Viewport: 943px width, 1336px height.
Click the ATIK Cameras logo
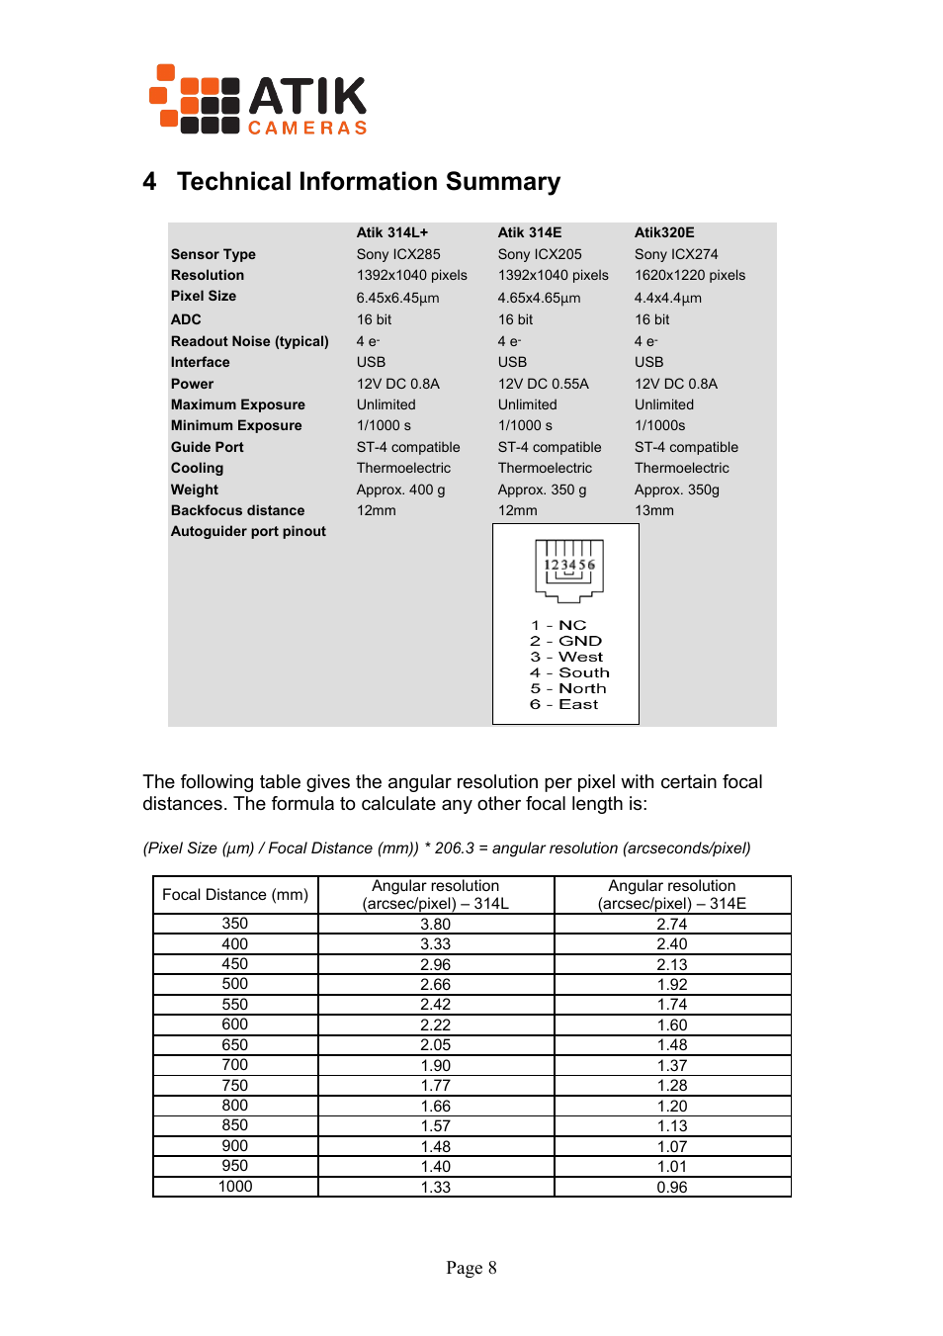(x=258, y=100)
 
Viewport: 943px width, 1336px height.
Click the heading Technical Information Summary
(x=368, y=182)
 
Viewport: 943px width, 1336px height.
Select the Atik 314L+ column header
(x=391, y=232)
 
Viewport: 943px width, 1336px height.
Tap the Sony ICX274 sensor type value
(x=675, y=254)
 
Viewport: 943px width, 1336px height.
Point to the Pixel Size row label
(x=204, y=296)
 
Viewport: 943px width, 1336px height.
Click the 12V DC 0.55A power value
(x=543, y=384)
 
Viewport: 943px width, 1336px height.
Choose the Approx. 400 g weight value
(x=400, y=490)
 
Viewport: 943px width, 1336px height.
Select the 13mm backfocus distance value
(x=653, y=510)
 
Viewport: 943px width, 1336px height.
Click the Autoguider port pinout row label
(x=248, y=531)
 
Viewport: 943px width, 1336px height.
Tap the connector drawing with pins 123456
(x=568, y=571)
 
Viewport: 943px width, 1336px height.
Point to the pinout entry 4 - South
(x=569, y=672)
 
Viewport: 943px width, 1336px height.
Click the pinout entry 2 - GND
(x=565, y=641)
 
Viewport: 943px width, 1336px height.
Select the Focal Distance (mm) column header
(x=235, y=895)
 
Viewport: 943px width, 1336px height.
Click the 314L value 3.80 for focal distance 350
(x=435, y=925)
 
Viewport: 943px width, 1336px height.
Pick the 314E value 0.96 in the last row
(x=671, y=1187)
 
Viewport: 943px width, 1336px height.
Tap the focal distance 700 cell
(x=235, y=1065)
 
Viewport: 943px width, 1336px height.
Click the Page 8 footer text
(x=471, y=1268)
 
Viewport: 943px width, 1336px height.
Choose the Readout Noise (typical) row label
(x=249, y=341)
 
